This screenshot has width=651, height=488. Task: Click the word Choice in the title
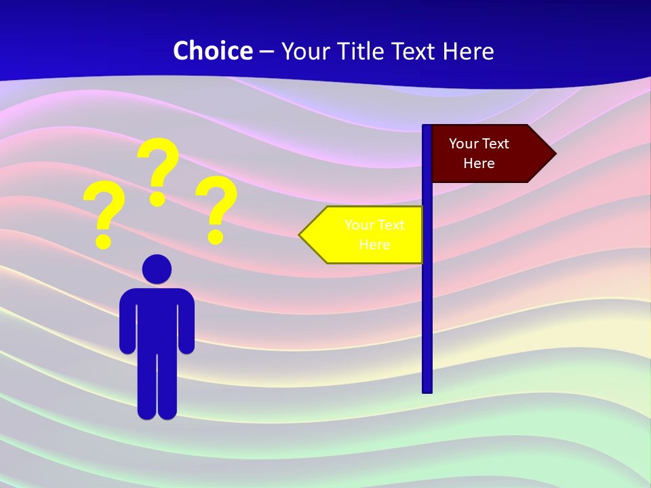[212, 51]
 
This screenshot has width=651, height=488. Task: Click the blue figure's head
[157, 268]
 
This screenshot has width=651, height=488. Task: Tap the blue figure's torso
[157, 319]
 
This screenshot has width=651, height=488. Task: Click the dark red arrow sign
[488, 153]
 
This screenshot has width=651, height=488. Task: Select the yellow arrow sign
[366, 235]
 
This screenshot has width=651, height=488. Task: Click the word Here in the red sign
[479, 163]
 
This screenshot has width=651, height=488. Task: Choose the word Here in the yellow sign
[374, 245]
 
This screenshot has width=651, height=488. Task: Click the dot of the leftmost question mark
[103, 241]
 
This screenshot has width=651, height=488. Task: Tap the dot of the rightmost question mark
[216, 237]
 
